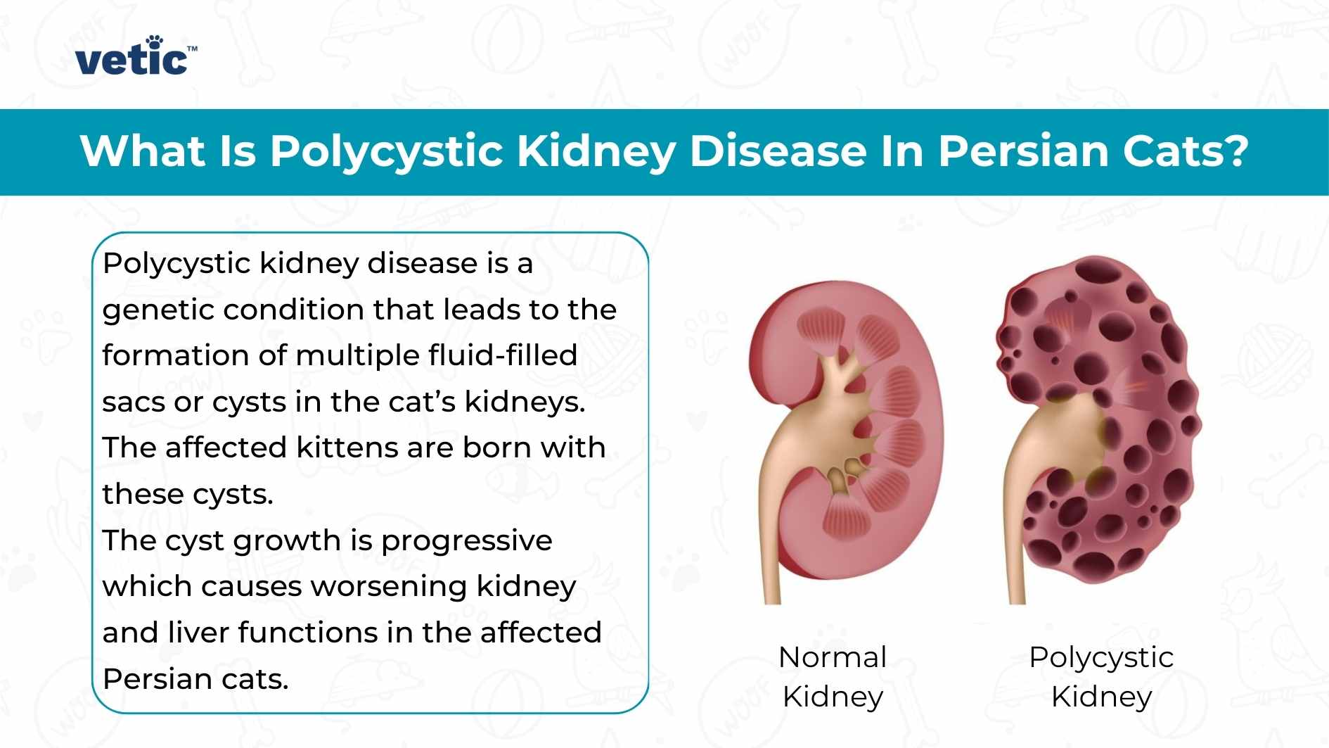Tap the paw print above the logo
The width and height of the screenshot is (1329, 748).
click(x=154, y=41)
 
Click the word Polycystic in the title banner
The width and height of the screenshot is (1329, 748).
click(x=386, y=151)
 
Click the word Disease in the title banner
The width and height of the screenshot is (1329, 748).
click(x=778, y=151)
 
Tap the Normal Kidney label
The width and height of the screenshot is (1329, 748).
click(x=833, y=677)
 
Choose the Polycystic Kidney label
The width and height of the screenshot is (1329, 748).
click(x=1101, y=677)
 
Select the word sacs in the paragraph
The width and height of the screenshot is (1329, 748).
click(x=132, y=402)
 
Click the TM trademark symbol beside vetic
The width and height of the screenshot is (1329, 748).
click(x=193, y=49)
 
